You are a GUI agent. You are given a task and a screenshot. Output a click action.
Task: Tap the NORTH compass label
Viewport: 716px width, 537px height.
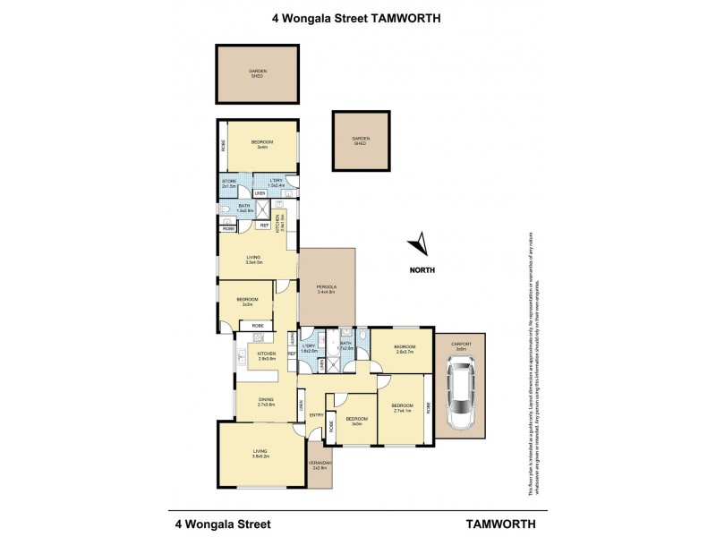[x=422, y=268]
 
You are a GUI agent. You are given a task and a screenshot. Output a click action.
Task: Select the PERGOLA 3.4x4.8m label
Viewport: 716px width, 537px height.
[x=327, y=289]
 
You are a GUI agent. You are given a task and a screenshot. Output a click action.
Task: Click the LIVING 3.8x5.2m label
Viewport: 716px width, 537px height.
[x=260, y=454]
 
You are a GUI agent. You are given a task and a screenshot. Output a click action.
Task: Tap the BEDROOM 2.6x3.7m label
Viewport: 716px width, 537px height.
[x=405, y=347]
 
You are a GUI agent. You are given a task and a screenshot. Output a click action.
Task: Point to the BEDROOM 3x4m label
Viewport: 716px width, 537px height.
[x=261, y=144]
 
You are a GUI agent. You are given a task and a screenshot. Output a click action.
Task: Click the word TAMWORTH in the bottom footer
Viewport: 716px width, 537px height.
[x=484, y=519]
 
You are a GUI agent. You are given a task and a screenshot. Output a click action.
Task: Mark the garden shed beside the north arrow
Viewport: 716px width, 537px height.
[x=361, y=141]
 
